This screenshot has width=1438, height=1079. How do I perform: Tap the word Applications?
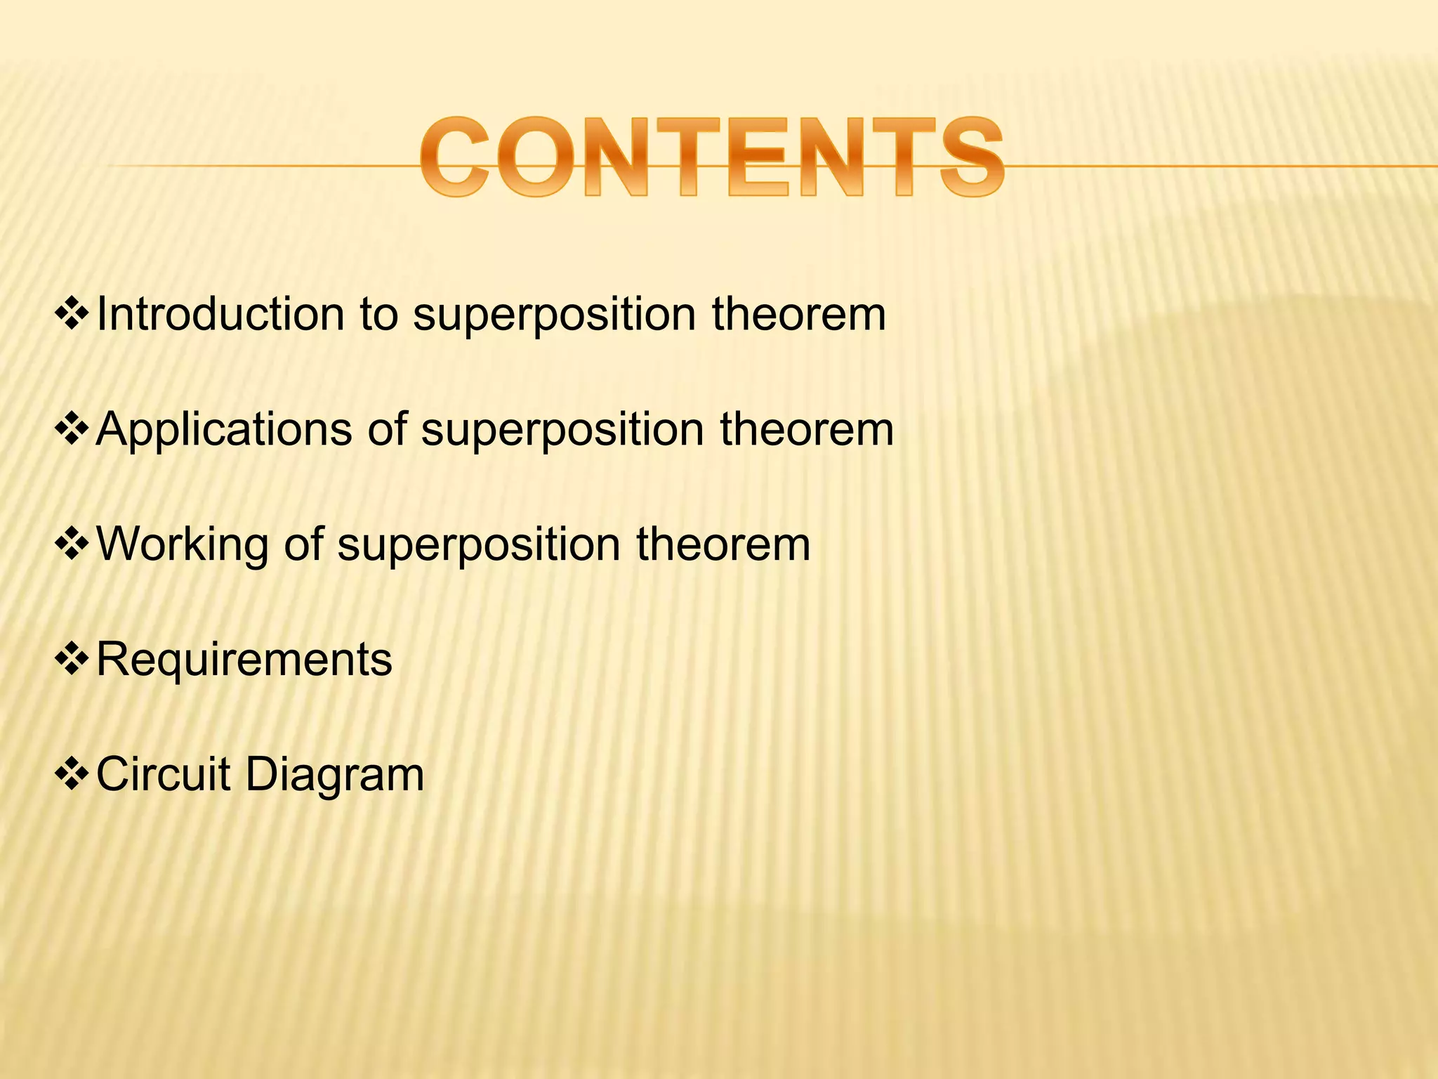224,429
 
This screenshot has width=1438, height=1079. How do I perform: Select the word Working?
182,544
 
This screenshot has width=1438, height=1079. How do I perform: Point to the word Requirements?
244,660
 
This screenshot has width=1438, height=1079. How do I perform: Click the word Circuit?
163,774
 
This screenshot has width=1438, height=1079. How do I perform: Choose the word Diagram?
334,776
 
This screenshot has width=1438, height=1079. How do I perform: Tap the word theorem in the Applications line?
807,429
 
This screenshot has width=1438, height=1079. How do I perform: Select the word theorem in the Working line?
723,544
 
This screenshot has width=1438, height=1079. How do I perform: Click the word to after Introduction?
378,315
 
